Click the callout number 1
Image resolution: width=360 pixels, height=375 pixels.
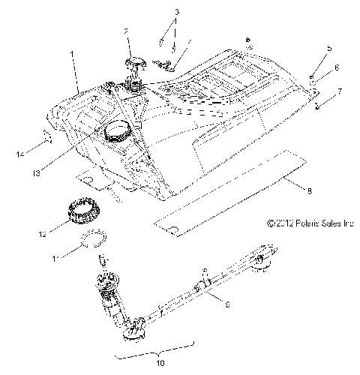(x=73, y=55)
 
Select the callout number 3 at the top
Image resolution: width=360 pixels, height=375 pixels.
(x=177, y=13)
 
